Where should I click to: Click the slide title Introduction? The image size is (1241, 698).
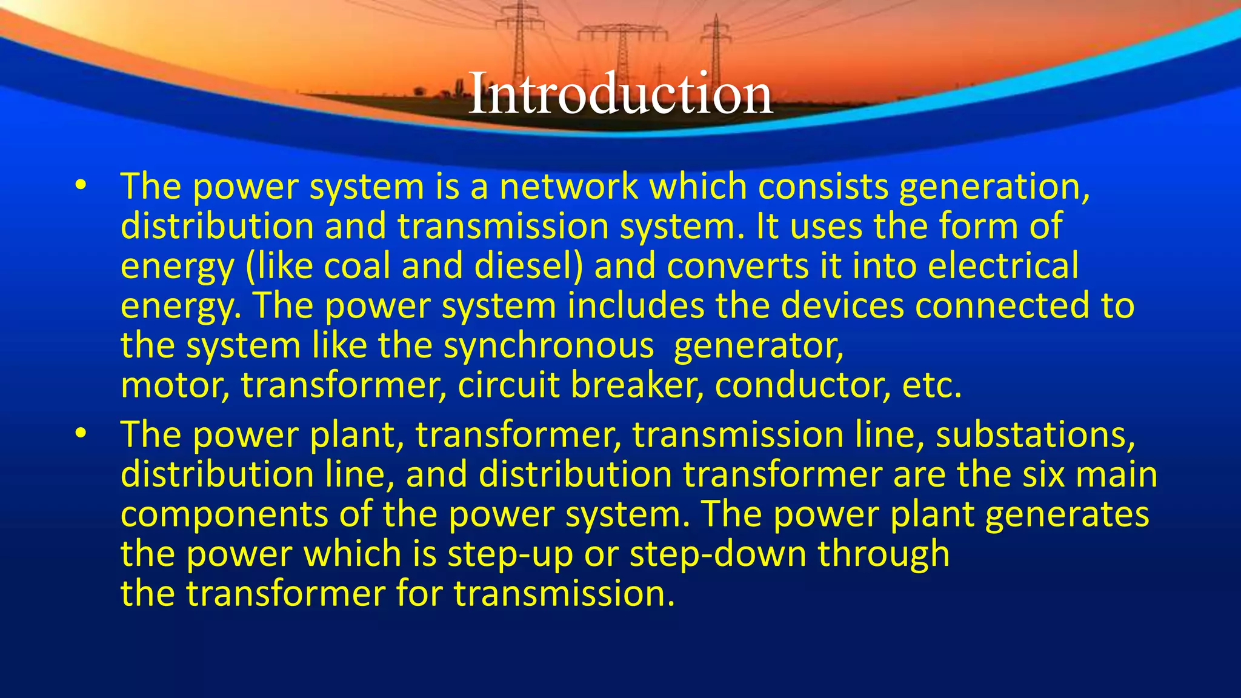(x=620, y=93)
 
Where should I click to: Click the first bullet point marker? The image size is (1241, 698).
(x=81, y=187)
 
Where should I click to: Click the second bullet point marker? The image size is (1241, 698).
(x=81, y=435)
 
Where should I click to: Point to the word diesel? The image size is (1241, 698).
(x=528, y=266)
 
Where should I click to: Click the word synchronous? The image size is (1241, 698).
(x=548, y=347)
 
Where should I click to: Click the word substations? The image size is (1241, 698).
(x=1035, y=435)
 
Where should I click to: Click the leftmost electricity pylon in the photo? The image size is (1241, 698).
(x=519, y=42)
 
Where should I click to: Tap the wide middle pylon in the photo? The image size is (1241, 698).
(x=622, y=52)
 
